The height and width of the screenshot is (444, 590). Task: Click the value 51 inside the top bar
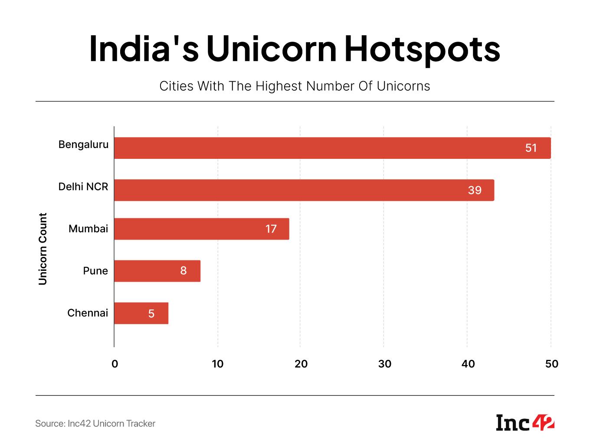(531, 148)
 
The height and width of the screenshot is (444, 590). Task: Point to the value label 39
(475, 190)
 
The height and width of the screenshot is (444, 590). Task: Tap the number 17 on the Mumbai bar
(271, 229)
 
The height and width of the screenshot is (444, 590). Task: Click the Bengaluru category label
(83, 145)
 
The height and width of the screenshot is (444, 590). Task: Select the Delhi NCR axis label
(83, 187)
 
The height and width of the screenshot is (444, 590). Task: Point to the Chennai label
(88, 313)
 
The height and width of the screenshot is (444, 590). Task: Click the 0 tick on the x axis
(115, 364)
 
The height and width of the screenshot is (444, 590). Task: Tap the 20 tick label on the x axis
(301, 364)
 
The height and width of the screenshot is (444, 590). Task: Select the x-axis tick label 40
(468, 364)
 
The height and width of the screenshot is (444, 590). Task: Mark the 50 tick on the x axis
(551, 364)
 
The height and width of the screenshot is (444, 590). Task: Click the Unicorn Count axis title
(43, 249)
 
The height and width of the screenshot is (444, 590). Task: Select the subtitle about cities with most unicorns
(295, 86)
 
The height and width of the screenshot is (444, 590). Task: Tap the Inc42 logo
(525, 423)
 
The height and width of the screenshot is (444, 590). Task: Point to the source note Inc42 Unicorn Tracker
(95, 424)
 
